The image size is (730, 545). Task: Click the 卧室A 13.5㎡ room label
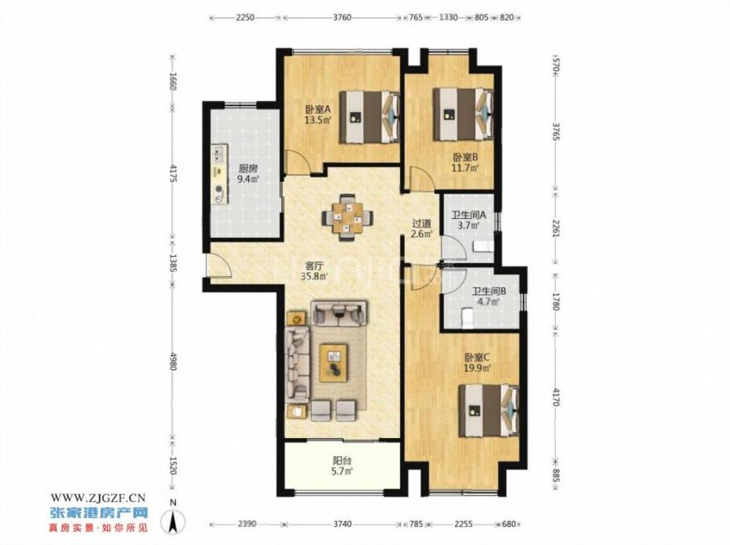pos(318,115)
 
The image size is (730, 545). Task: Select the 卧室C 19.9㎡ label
pos(478,363)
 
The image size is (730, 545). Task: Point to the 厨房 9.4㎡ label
pos(248,173)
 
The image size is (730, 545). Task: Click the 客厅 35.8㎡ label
pos(314,271)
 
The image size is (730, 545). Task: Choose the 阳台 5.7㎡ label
pos(342,466)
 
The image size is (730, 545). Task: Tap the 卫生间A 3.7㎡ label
pos(469,221)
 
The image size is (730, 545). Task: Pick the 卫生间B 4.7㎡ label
pos(489,296)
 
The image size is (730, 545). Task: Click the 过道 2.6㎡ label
pos(422,228)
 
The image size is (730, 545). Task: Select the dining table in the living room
pos(347,217)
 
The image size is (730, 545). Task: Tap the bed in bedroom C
pos(489,410)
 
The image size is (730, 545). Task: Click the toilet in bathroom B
pos(466,318)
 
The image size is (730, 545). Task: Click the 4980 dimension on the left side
pos(173,361)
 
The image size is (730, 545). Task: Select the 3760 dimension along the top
pos(342,17)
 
